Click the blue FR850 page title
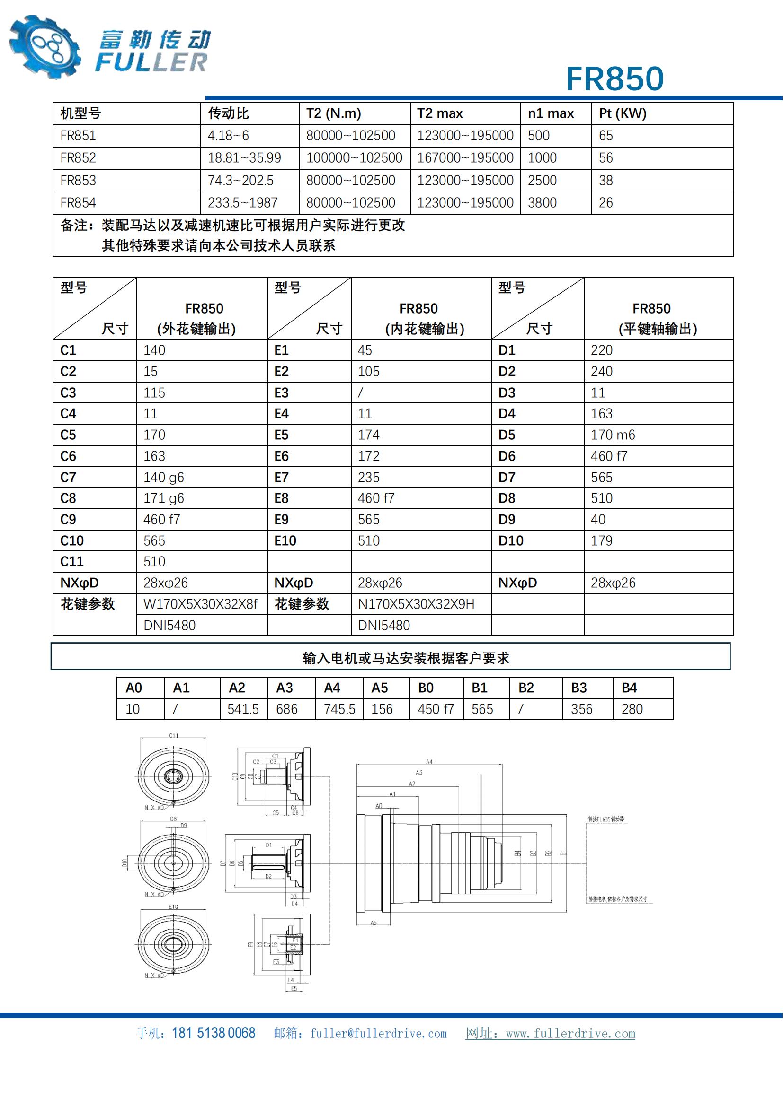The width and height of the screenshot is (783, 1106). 615,78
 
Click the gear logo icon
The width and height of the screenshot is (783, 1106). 44,47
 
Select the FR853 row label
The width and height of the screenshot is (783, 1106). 78,181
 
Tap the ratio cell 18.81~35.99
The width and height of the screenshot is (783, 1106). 244,158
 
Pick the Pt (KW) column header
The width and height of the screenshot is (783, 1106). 623,113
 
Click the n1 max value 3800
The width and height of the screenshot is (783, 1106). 542,203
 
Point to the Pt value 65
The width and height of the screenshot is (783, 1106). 605,136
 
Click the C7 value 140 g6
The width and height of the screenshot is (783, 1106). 163,478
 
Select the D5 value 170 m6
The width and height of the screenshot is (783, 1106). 613,435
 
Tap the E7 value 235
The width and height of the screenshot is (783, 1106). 368,478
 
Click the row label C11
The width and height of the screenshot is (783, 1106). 72,562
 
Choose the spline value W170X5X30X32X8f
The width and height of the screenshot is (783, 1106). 200,604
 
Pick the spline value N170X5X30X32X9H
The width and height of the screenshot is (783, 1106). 416,604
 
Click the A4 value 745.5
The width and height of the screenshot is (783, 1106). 339,709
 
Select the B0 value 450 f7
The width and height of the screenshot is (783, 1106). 436,709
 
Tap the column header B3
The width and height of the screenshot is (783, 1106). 578,688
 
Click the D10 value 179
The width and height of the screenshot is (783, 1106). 601,540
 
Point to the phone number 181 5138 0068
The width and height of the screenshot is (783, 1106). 213,1033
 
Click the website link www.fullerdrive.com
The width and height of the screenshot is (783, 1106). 570,1034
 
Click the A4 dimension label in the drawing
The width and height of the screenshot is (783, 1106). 429,762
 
